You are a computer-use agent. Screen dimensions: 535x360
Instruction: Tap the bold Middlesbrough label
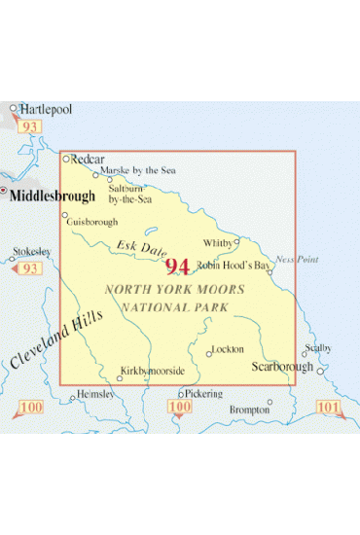pyautogui.click(x=53, y=196)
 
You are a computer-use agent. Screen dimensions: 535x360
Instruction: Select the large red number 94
pyautogui.click(x=178, y=266)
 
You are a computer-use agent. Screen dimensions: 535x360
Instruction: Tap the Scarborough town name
pyautogui.click(x=281, y=367)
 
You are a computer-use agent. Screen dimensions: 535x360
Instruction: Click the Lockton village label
pyautogui.click(x=227, y=349)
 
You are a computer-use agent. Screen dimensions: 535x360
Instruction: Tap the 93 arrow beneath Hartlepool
pyautogui.click(x=31, y=127)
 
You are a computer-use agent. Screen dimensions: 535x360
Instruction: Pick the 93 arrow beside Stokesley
pyautogui.click(x=29, y=268)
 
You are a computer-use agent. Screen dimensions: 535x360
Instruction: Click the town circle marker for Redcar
pyautogui.click(x=66, y=158)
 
